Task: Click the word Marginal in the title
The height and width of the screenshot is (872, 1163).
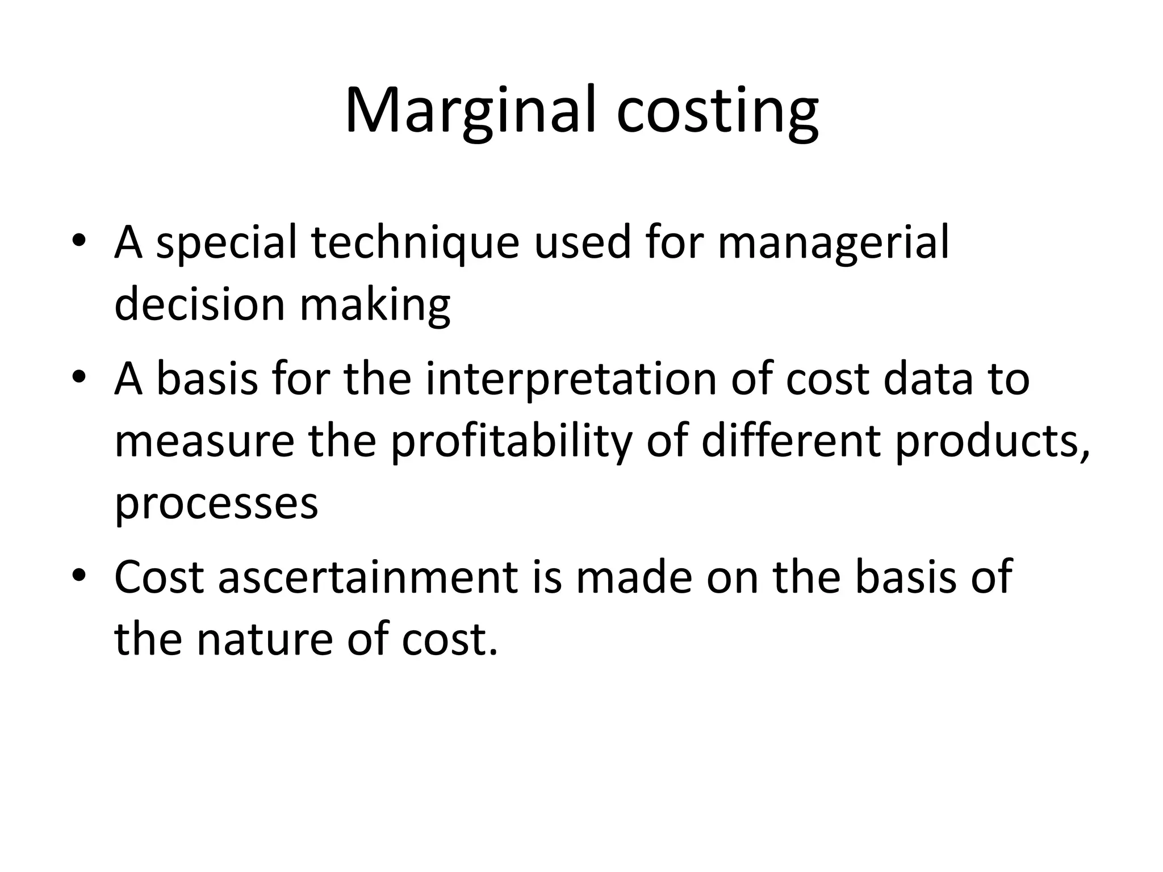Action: [x=471, y=111]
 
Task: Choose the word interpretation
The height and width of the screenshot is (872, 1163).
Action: [x=571, y=379]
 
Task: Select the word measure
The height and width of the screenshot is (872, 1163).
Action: [x=204, y=441]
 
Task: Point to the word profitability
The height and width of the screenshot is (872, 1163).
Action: [x=511, y=441]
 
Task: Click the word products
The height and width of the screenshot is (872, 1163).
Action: [x=992, y=441]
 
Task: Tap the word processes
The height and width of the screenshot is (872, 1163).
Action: [x=216, y=504]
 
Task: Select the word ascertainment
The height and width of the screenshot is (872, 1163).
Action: [x=368, y=577]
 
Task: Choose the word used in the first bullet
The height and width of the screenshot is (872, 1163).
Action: [x=583, y=243]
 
